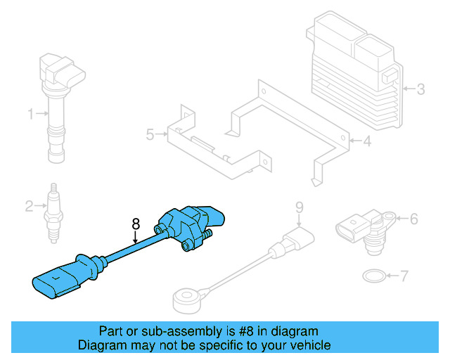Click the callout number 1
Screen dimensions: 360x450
(30, 113)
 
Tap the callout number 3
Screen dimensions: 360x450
(420, 89)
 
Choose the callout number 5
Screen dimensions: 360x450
(149, 134)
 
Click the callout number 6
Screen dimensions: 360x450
(413, 219)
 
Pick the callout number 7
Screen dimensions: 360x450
(404, 276)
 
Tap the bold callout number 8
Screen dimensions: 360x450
(136, 225)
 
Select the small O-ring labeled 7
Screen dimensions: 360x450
(373, 275)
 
